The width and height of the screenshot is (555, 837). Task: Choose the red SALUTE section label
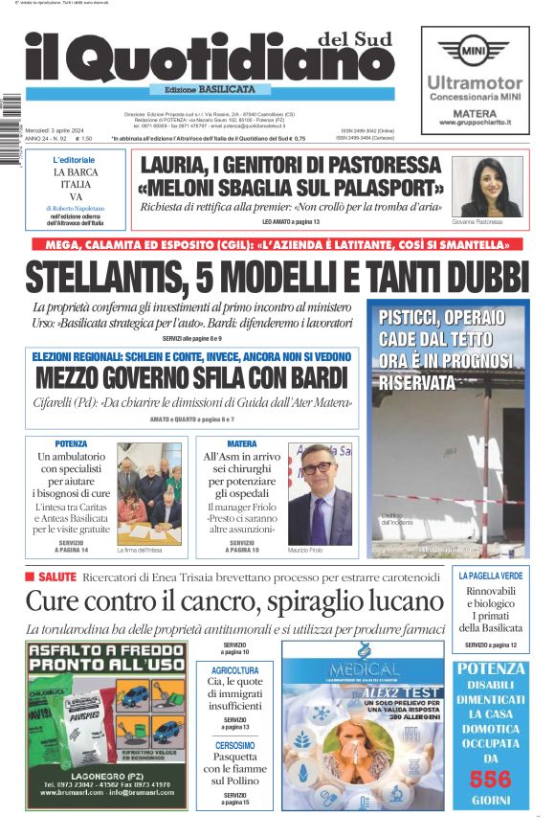click(x=50, y=577)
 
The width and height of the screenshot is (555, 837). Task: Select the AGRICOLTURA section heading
click(x=235, y=670)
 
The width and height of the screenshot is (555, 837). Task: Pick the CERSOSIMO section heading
click(x=235, y=745)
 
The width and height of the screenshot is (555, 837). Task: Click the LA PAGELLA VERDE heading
click(x=491, y=577)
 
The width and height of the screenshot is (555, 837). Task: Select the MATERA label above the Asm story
click(x=242, y=444)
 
